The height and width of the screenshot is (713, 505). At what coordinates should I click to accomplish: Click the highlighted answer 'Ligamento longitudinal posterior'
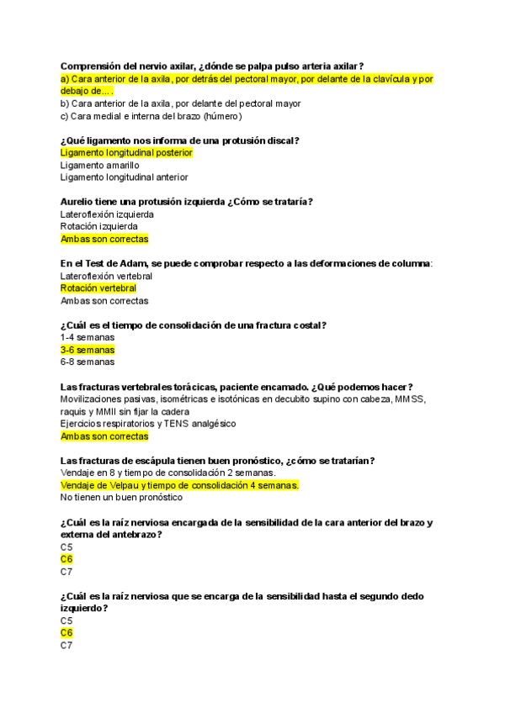tap(127, 153)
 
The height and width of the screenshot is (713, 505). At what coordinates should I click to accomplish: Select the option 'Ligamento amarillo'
tap(100, 166)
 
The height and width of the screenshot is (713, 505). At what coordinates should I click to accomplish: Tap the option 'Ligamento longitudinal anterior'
tap(125, 177)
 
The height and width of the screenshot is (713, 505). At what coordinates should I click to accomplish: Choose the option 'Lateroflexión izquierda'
tap(107, 214)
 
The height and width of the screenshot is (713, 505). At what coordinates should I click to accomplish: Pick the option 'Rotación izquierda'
tap(96, 226)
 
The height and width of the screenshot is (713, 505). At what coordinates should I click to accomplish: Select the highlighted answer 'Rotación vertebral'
tap(98, 288)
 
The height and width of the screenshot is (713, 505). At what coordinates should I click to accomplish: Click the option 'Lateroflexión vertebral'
tap(106, 276)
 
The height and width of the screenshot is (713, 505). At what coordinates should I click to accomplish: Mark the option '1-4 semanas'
tap(88, 337)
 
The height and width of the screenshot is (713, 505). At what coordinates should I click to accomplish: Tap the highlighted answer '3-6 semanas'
tap(88, 350)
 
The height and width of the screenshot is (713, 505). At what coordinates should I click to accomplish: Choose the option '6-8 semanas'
tap(88, 362)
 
